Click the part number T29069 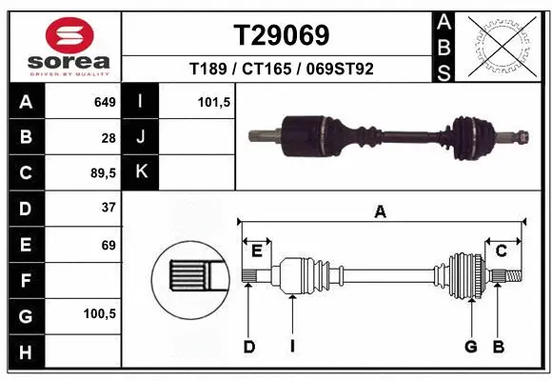[x=282, y=35]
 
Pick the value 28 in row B [x=108, y=137]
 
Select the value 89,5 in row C [x=103, y=173]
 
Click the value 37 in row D [x=108, y=208]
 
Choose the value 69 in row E [x=108, y=245]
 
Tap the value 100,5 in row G [x=101, y=312]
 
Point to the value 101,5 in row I [x=214, y=102]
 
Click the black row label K [x=141, y=172]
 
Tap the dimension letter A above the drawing [x=380, y=213]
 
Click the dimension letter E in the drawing [x=256, y=250]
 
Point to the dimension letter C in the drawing [x=500, y=250]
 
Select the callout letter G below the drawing [x=470, y=346]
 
